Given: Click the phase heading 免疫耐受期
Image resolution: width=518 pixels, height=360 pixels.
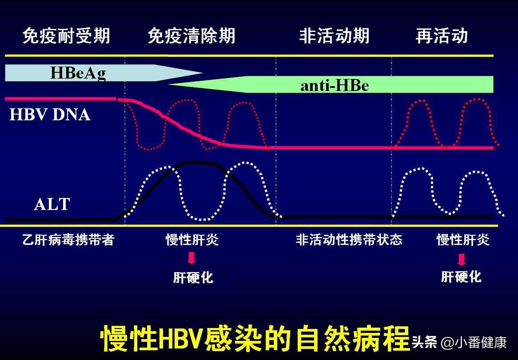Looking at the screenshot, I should click(x=66, y=36).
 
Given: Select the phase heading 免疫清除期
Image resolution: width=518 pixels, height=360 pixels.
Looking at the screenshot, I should click(x=191, y=36).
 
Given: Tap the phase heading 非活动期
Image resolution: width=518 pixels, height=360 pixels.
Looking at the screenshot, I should click(x=334, y=36).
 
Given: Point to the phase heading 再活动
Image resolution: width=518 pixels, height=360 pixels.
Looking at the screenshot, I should click(x=442, y=36).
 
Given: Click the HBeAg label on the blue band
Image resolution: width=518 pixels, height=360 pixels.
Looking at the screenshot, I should click(x=78, y=73).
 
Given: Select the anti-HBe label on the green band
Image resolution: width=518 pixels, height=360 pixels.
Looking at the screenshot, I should click(x=335, y=85).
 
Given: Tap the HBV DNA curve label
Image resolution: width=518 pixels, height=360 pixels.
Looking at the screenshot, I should click(x=50, y=115).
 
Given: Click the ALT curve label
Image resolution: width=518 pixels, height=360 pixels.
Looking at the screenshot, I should click(x=52, y=205).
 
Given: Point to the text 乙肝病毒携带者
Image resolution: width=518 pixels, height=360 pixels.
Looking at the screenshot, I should click(x=68, y=240).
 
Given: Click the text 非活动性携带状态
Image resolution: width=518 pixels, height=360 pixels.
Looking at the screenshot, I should click(x=349, y=240).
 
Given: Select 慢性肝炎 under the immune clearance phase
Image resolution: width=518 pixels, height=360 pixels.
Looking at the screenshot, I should click(x=192, y=240).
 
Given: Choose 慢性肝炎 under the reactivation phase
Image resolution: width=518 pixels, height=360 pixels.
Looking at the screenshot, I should click(x=463, y=240).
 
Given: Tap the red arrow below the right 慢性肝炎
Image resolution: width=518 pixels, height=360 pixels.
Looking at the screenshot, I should click(x=462, y=259).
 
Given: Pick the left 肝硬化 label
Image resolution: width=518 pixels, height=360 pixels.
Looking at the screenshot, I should click(x=193, y=278).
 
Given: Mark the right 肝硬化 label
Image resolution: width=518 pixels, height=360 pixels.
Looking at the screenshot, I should click(x=461, y=277).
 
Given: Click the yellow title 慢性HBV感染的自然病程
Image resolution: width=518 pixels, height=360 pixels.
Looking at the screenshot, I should click(x=255, y=339).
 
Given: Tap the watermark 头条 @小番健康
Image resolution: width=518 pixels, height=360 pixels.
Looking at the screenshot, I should click(x=459, y=343).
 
